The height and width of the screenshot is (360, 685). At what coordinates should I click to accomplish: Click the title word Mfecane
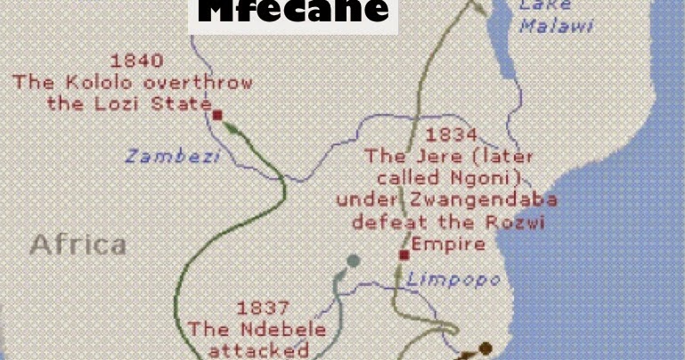coord(293,12)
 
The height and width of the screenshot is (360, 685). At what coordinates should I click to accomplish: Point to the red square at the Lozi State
coord(216,114)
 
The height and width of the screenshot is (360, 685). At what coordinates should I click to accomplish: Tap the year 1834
coord(451,135)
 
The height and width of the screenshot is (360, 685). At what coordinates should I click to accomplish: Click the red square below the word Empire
coord(404,255)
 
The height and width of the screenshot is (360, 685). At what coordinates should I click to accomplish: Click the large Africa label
coord(77,243)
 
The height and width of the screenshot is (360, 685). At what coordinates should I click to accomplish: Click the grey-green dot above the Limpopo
coord(354,261)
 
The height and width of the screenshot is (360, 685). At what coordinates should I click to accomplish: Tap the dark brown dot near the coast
coord(485,348)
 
